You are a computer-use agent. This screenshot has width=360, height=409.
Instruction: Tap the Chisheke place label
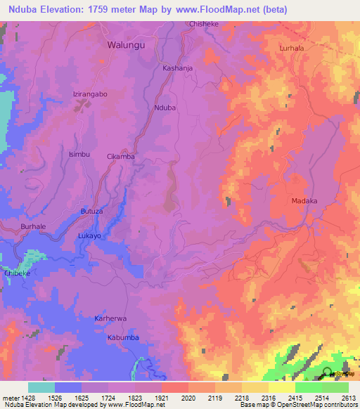205,24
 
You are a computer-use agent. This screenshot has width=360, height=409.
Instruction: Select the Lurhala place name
291,48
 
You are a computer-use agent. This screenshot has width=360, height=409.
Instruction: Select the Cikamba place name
120,156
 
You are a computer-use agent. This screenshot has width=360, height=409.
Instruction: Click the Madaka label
304,201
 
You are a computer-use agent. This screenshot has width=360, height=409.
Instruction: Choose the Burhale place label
33,228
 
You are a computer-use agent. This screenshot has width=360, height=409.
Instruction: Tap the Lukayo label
89,236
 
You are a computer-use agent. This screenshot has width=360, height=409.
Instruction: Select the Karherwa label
110,318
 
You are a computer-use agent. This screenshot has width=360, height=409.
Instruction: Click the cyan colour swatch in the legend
41,387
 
